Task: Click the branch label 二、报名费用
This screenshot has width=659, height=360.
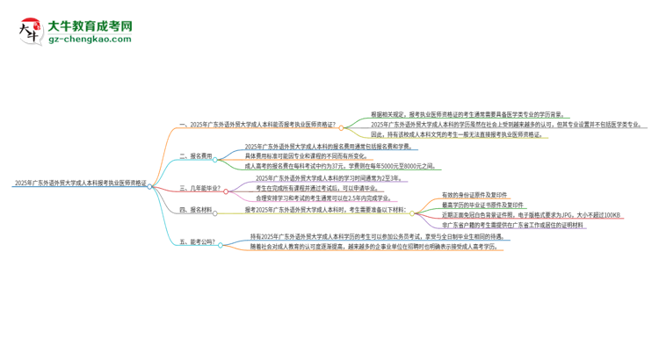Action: click(x=195, y=155)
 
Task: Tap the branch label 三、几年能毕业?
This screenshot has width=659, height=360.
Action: click(x=200, y=187)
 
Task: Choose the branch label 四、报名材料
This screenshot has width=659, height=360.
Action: click(x=195, y=210)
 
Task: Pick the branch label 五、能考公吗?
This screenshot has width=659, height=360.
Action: click(x=198, y=241)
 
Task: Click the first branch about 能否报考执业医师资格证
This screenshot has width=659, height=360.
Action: click(x=256, y=125)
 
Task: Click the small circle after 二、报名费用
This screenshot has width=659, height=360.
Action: click(x=215, y=155)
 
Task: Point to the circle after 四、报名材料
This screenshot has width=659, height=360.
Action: click(x=215, y=210)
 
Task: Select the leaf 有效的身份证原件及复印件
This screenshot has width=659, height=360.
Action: click(x=475, y=193)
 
